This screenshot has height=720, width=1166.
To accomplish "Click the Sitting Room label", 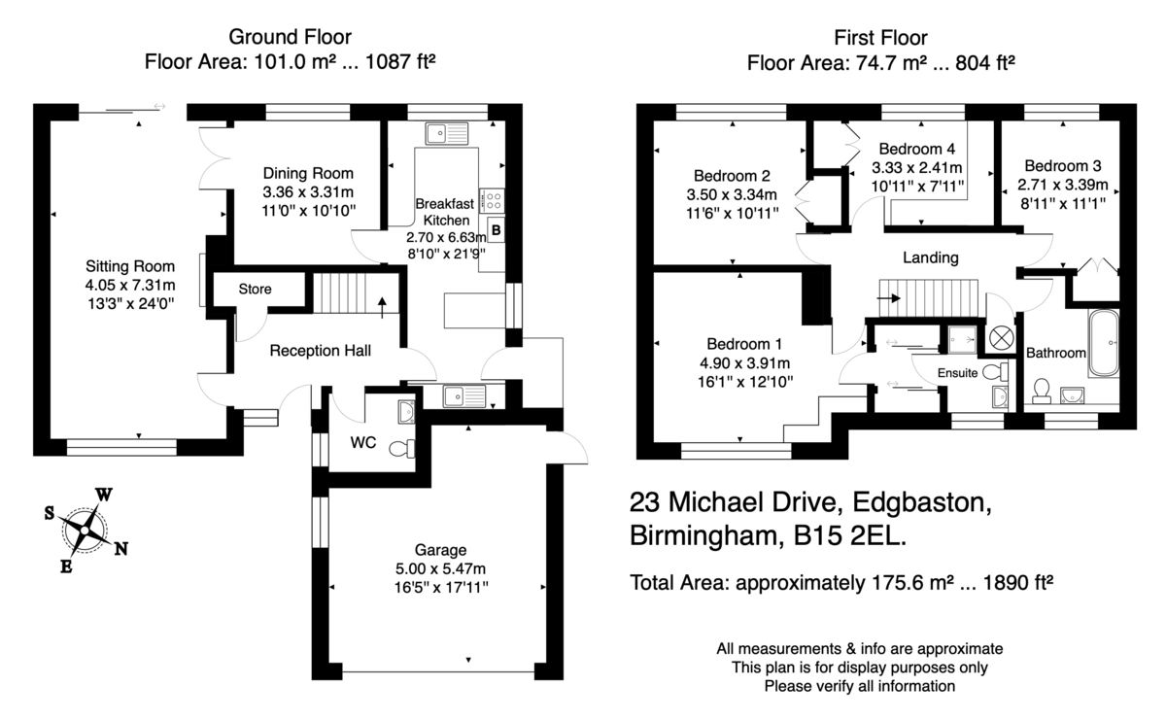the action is pos(130,266).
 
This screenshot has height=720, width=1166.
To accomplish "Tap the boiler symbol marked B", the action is pos(497,230).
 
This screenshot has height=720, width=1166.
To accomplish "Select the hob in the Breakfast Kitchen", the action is pos(492,200).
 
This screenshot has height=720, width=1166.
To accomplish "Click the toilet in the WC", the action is pos(402,449).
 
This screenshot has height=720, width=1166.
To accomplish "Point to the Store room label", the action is pos(255,289).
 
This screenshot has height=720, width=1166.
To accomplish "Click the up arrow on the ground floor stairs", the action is pos(382,307).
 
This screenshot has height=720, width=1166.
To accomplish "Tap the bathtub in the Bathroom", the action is pos(1103,343).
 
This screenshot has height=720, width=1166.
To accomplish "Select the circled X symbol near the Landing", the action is pos(1000,338).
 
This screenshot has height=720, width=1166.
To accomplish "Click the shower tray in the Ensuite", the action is pos(961,340).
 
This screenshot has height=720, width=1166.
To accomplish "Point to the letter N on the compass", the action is pos(120,549).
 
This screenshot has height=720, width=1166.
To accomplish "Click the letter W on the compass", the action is pos(104,495).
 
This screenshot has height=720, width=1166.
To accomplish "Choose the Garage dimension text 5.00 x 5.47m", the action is pos(440,568).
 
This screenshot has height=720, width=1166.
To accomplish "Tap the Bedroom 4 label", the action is pos(917,149).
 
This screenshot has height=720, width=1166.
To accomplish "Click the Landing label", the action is pos(931,257).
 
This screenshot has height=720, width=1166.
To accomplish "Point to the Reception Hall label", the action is pos(320,351).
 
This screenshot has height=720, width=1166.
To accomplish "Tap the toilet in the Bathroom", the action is pos(1042,391).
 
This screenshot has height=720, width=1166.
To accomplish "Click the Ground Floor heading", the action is pos(290,37).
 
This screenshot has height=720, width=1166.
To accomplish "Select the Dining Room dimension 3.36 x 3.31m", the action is pos(308,192).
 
